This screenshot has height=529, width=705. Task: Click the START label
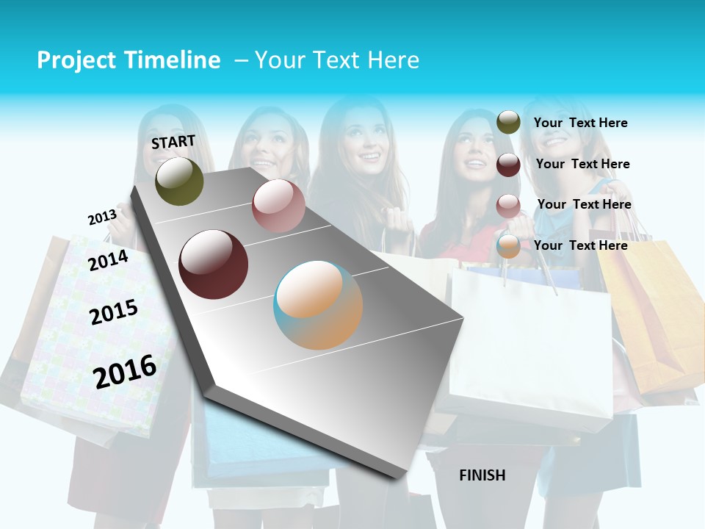173,141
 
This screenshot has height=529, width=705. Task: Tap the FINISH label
482,475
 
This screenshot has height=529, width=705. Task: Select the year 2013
102,217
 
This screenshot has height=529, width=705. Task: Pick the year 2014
108,260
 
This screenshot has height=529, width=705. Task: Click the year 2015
114,312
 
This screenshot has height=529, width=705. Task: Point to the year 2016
125,371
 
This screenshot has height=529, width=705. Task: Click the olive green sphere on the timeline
179,181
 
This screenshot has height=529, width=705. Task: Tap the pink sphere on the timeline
278,206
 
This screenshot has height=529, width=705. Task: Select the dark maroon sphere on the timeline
214,264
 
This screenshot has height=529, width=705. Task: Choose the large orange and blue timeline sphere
318,305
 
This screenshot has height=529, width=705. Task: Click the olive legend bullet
508,122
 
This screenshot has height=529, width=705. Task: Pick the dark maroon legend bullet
508,165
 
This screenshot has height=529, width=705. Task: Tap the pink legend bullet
508,206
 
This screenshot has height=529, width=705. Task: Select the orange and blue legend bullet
508,246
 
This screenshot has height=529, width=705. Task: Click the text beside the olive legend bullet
580,123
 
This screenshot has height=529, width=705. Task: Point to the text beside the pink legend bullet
584,204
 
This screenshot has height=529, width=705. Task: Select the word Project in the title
76,60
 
